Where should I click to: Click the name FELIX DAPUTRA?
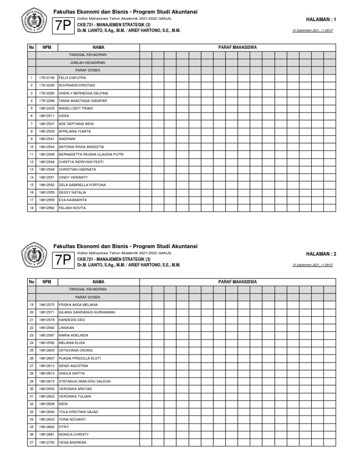point(72,77)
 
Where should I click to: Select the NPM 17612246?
point(46,85)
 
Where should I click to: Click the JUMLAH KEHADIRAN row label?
point(87,62)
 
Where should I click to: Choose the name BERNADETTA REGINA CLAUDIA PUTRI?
point(91,154)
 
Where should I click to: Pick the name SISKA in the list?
point(64,116)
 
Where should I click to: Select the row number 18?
point(31,208)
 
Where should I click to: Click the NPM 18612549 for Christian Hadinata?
point(46,169)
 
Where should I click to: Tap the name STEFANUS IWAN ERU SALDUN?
point(84,381)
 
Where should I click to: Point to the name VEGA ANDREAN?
point(72,442)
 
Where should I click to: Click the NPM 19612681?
point(46,435)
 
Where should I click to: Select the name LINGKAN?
point(67,327)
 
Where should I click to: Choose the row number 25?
point(31,350)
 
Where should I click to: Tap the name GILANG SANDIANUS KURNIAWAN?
point(87,312)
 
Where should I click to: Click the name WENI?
point(63,404)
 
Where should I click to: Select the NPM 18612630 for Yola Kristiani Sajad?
point(46,412)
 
